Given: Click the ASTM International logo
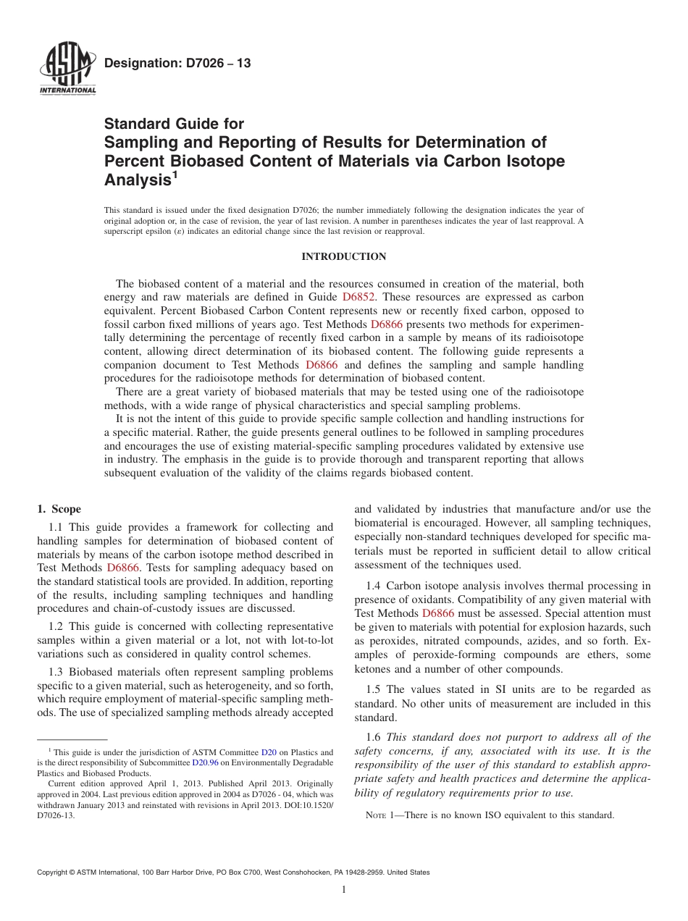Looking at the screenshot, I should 67,70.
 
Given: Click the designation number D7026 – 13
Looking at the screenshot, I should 177,64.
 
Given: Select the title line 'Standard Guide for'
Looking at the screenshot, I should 174,124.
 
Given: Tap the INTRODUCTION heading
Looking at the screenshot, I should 343,256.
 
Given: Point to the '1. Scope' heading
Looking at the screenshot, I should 59,509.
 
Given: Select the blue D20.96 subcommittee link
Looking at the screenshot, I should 205,763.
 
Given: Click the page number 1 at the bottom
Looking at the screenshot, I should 344,890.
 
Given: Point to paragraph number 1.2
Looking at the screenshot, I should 56,626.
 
